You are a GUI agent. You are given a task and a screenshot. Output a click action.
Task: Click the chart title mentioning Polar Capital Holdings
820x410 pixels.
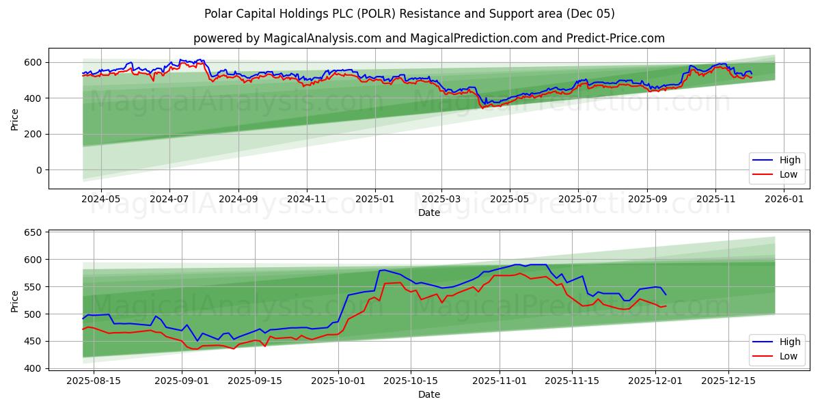pos(409,14)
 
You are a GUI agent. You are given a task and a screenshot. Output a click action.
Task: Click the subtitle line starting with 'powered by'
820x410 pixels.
pos(428,38)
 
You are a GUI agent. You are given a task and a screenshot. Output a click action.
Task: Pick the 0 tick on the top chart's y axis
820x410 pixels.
pos(38,170)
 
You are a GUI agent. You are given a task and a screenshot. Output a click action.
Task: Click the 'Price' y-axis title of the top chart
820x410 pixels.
pos(15,118)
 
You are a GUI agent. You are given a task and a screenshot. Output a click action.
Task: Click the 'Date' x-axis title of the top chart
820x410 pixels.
pos(428,213)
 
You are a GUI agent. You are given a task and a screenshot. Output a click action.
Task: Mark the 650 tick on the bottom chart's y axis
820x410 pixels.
pos(32,233)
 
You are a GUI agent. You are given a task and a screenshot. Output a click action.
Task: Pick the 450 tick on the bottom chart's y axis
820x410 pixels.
pos(32,342)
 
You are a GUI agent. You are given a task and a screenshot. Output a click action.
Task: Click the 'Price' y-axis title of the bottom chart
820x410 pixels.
pos(15,301)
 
